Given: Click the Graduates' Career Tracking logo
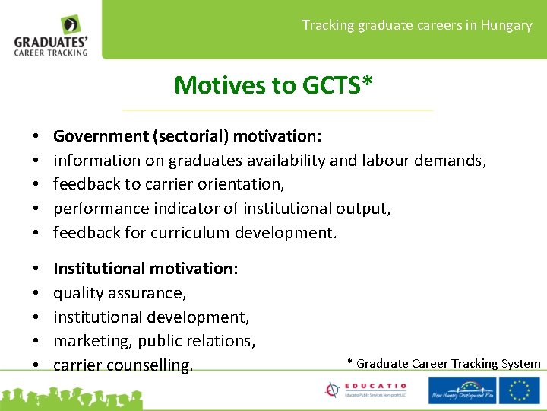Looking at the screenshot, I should pos(52,36).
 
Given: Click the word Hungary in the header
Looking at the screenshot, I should pos(508,25).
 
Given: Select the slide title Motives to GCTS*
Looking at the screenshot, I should pos(273,84).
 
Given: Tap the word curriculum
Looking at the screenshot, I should pos(187,232).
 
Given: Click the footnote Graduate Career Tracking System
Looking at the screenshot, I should pos(448,364).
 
